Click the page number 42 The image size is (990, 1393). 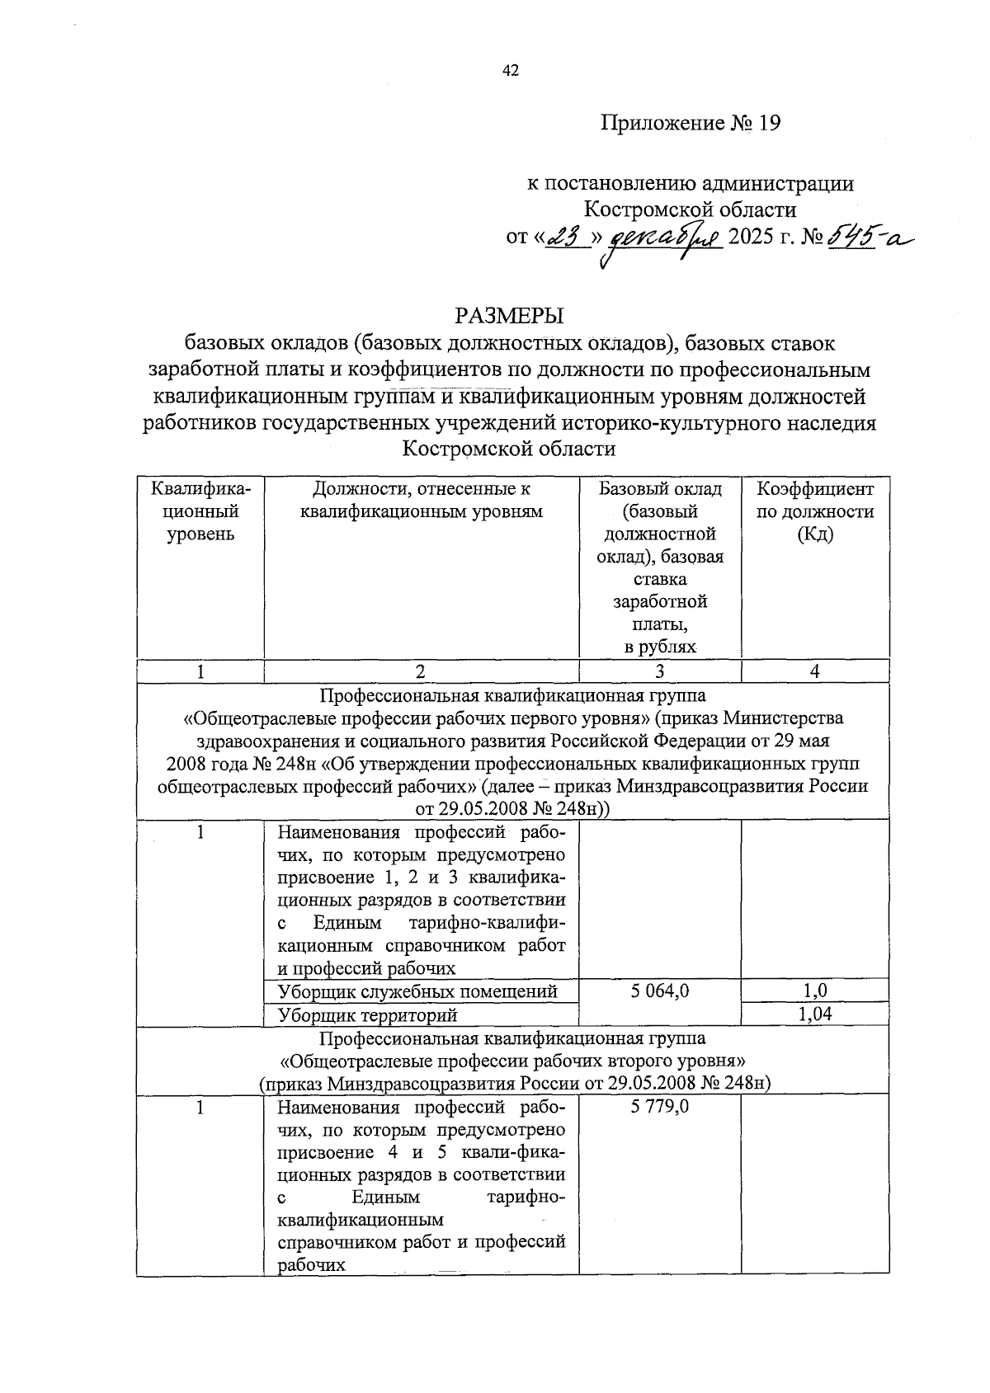pyautogui.click(x=511, y=71)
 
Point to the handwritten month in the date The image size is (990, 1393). pyautogui.click(x=662, y=239)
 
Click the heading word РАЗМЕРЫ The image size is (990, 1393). pyautogui.click(x=508, y=315)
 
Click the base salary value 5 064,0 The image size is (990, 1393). pyautogui.click(x=660, y=991)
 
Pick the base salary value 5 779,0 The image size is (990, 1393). pyautogui.click(x=660, y=1107)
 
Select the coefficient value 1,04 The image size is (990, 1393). pyautogui.click(x=815, y=1014)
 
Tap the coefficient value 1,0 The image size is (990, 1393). pyautogui.click(x=815, y=991)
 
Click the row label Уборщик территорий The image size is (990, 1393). pyautogui.click(x=368, y=1015)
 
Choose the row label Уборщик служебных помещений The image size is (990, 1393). pyautogui.click(x=418, y=991)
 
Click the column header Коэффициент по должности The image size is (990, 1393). pyautogui.click(x=815, y=500)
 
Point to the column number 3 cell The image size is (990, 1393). pyautogui.click(x=660, y=671)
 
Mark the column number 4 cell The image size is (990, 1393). pyautogui.click(x=815, y=671)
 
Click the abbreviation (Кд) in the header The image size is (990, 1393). pyautogui.click(x=815, y=534)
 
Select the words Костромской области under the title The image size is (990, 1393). pyautogui.click(x=508, y=449)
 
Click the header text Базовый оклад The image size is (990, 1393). pyautogui.click(x=660, y=489)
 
